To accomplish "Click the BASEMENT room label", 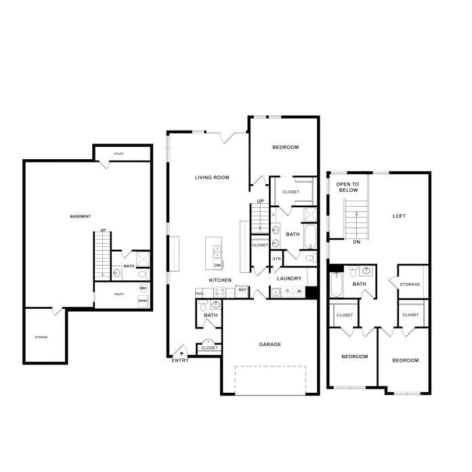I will [x=81, y=217].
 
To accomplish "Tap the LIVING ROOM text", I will [x=212, y=178].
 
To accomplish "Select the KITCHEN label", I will [x=220, y=280].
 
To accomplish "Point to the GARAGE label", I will [x=270, y=344].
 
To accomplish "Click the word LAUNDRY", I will [x=289, y=278].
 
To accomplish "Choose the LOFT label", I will [x=400, y=216].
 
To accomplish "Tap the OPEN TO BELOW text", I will [x=348, y=188].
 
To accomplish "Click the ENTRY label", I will [x=180, y=360].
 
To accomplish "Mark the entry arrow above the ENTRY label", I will [x=181, y=353].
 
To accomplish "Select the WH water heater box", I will [x=143, y=288].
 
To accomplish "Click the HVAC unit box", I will [x=143, y=300].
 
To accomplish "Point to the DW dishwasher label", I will [x=218, y=265].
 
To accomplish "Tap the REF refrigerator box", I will [x=242, y=290].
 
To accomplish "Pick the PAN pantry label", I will [x=199, y=293].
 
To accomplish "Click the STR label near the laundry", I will [x=276, y=259].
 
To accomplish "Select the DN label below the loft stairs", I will [x=356, y=242].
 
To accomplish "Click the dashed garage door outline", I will [x=269, y=380].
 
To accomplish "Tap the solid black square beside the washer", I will [x=312, y=293].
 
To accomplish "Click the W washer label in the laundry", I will [x=298, y=291].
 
